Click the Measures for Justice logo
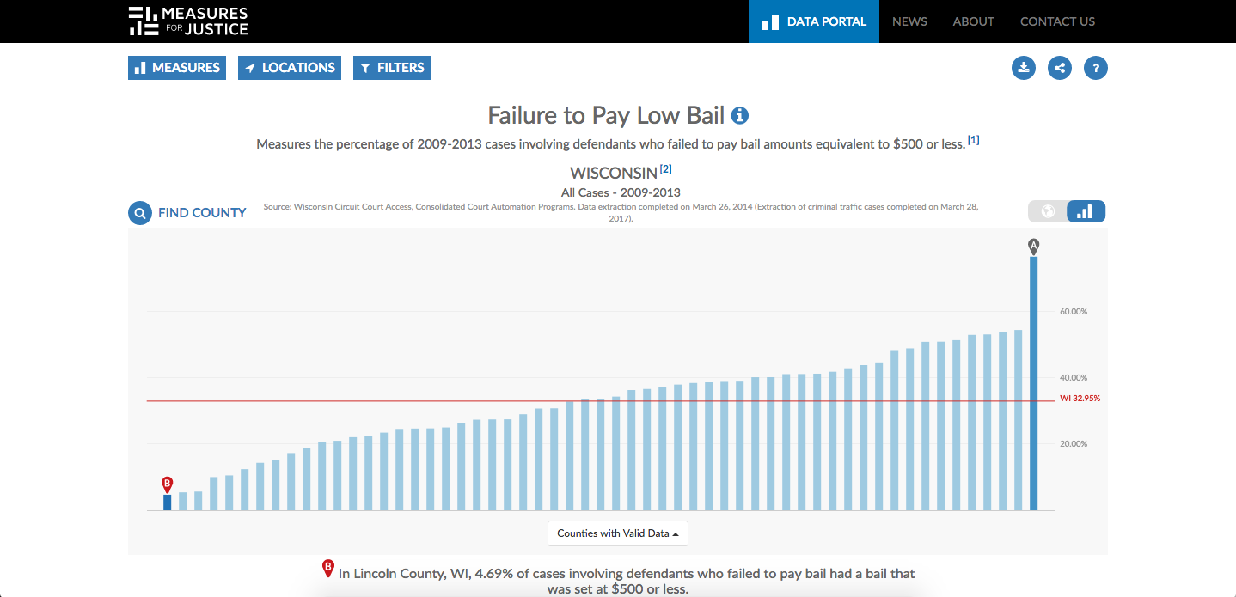click(188, 21)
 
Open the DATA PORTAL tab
click(814, 21)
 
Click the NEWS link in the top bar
click(909, 21)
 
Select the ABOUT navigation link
click(973, 21)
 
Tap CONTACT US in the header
click(1057, 21)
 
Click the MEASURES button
click(177, 68)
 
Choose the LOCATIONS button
click(290, 68)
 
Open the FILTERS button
click(392, 68)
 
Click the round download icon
click(1024, 68)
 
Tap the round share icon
click(1060, 68)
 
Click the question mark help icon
click(1096, 68)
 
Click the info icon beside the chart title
click(739, 115)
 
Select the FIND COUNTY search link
click(187, 213)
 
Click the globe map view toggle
click(1048, 211)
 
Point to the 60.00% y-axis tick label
click(1074, 312)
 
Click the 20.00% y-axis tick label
click(1074, 444)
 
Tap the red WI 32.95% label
click(1080, 399)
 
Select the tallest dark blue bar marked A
click(1034, 382)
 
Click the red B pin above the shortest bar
click(168, 484)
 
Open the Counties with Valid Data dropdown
click(618, 533)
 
